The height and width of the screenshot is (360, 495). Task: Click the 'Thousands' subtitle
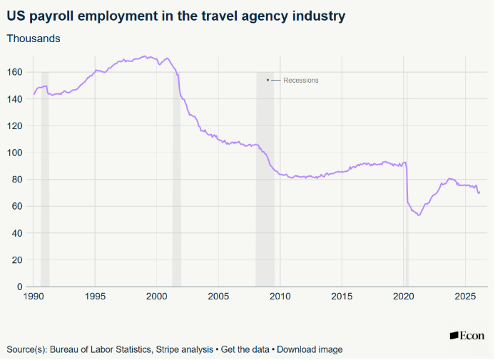(34, 38)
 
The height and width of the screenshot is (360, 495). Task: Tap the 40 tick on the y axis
(19, 233)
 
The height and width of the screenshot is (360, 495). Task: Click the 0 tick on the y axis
(22, 287)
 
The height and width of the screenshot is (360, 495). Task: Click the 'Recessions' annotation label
(301, 81)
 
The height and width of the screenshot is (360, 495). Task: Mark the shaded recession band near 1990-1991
(45, 178)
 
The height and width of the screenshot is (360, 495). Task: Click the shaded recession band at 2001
(176, 178)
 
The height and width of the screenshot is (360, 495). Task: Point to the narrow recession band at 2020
(406, 178)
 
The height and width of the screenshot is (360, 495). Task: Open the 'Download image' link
(310, 349)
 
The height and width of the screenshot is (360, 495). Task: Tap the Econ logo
(467, 335)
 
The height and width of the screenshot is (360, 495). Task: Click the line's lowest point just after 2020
(419, 215)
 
